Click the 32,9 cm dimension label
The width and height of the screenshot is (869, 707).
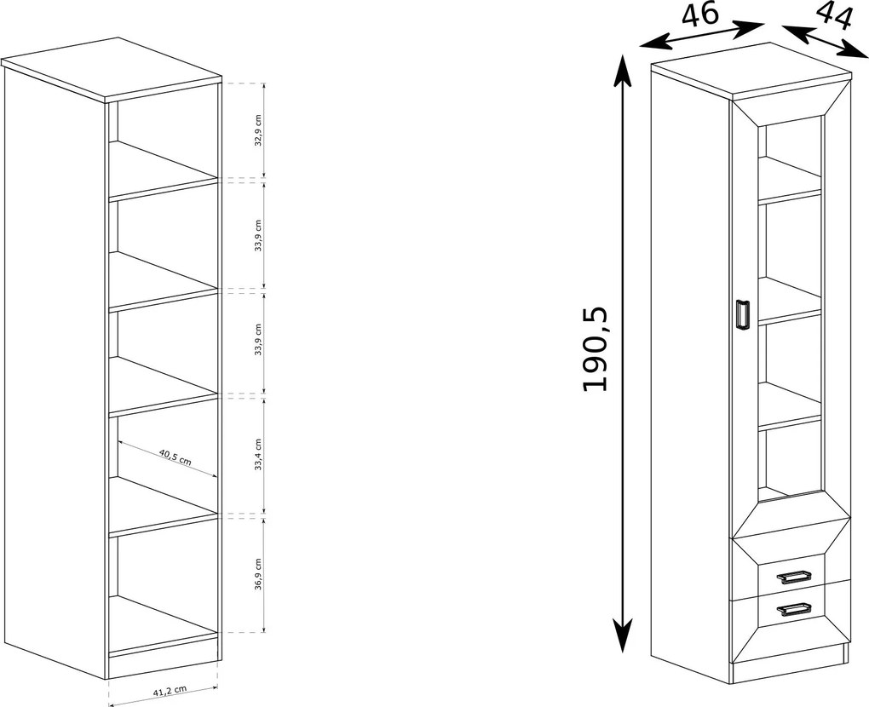pos(257,130)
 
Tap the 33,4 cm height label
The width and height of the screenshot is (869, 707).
pos(257,454)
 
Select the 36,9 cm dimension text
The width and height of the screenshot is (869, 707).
pos(257,575)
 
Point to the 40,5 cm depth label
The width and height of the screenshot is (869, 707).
pos(176,457)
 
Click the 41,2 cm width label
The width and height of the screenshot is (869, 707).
pos(170,691)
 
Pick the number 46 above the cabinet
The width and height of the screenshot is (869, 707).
pos(700,15)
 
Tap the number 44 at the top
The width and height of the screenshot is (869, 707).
pos(834,17)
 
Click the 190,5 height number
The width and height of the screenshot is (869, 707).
pos(596,349)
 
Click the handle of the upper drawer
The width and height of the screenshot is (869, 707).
pos(795,578)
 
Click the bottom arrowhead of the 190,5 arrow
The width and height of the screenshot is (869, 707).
pos(624,635)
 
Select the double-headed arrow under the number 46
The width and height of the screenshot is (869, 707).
pos(702,36)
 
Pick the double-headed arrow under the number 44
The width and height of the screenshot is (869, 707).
pos(826,40)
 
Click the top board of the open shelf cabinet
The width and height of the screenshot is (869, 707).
pos(111,69)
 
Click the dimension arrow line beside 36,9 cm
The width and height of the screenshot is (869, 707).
pos(264,575)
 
